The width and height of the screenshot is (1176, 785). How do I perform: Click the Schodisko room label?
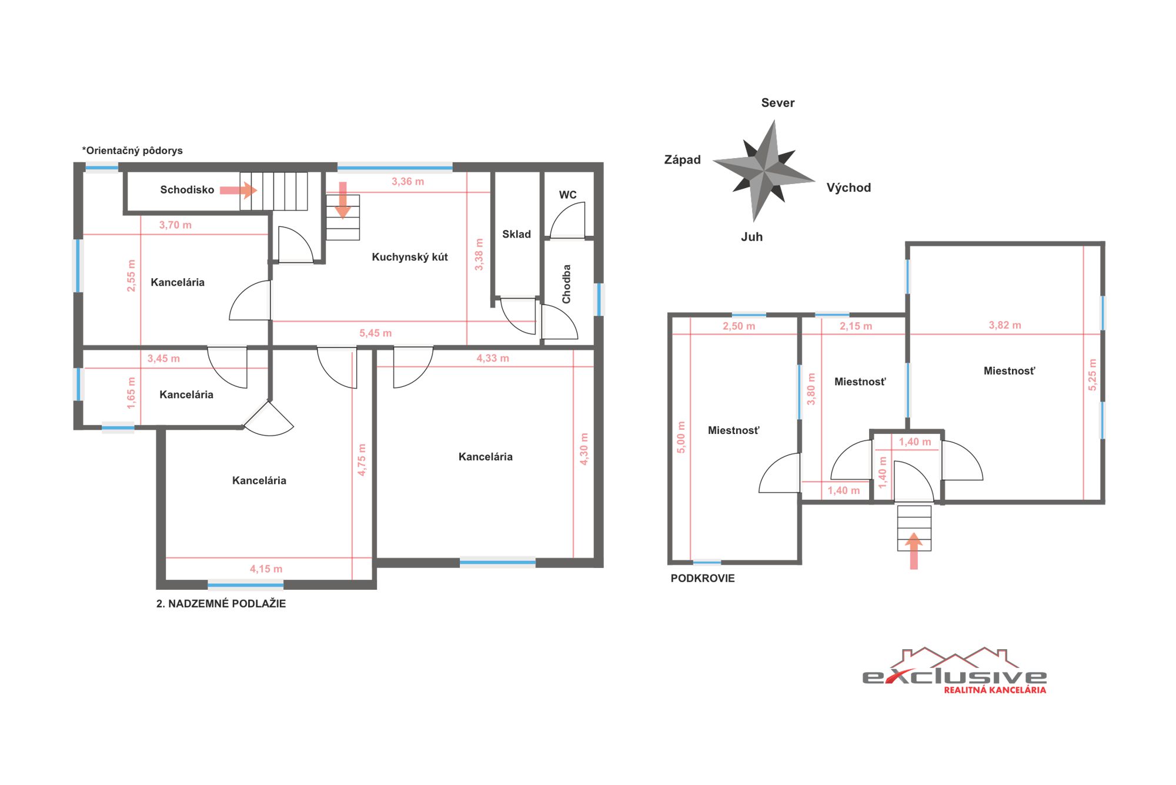[187, 189]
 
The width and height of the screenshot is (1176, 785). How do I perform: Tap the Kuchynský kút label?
[410, 257]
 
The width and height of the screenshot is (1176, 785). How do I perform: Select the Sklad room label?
[516, 234]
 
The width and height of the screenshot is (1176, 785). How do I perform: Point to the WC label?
[567, 195]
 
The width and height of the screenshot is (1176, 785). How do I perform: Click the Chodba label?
[566, 284]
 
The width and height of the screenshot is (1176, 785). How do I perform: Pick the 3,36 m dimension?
[407, 182]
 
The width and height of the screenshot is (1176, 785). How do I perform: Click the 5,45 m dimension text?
[375, 333]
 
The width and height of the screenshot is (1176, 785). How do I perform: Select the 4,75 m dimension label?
[362, 460]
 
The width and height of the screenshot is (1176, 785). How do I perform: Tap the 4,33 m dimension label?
[493, 358]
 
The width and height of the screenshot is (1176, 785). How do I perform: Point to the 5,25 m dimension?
[1092, 375]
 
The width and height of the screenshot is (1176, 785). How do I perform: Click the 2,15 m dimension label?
[856, 326]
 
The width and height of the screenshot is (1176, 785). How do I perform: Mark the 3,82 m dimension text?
[1005, 325]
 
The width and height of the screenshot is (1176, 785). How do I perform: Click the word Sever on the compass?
[778, 103]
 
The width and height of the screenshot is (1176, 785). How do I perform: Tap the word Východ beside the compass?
[848, 188]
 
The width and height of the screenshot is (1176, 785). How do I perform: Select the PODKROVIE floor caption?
[703, 578]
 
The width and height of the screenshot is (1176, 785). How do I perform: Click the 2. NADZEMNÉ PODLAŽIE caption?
[221, 603]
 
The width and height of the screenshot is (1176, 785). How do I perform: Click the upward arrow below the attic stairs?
[914, 551]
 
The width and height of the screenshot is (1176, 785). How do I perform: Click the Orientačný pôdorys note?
[132, 151]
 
